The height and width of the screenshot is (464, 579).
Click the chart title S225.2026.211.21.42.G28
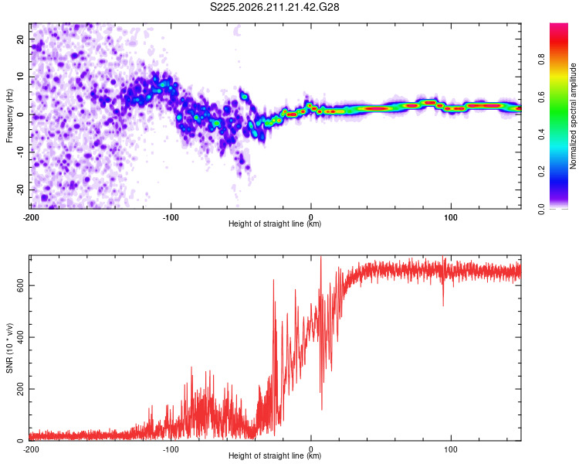point(274,7)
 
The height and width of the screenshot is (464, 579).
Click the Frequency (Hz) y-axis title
point(9,116)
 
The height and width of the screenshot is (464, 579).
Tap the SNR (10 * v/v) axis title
point(9,348)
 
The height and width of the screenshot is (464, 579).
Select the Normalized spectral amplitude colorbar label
point(573,116)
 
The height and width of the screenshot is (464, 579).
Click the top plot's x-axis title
point(275,223)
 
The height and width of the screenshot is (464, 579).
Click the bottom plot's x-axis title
point(275,455)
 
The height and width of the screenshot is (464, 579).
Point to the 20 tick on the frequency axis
point(20,39)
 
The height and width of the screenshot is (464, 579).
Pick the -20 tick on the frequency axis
point(20,190)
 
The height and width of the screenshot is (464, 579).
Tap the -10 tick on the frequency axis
point(20,152)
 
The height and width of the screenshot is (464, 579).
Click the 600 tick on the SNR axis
point(20,285)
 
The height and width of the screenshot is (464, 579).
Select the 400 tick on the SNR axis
point(20,337)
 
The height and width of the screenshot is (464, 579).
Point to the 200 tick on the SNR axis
point(20,389)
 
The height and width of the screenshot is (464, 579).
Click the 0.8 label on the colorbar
point(541,59)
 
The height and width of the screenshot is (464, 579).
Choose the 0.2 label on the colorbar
point(541,172)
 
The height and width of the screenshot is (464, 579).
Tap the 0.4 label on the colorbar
point(541,134)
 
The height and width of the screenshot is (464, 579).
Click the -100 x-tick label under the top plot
point(171,217)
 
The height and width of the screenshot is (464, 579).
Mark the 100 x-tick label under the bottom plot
point(451,449)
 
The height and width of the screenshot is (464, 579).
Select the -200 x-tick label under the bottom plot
point(31,449)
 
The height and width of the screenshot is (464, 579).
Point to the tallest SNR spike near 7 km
point(320,257)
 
